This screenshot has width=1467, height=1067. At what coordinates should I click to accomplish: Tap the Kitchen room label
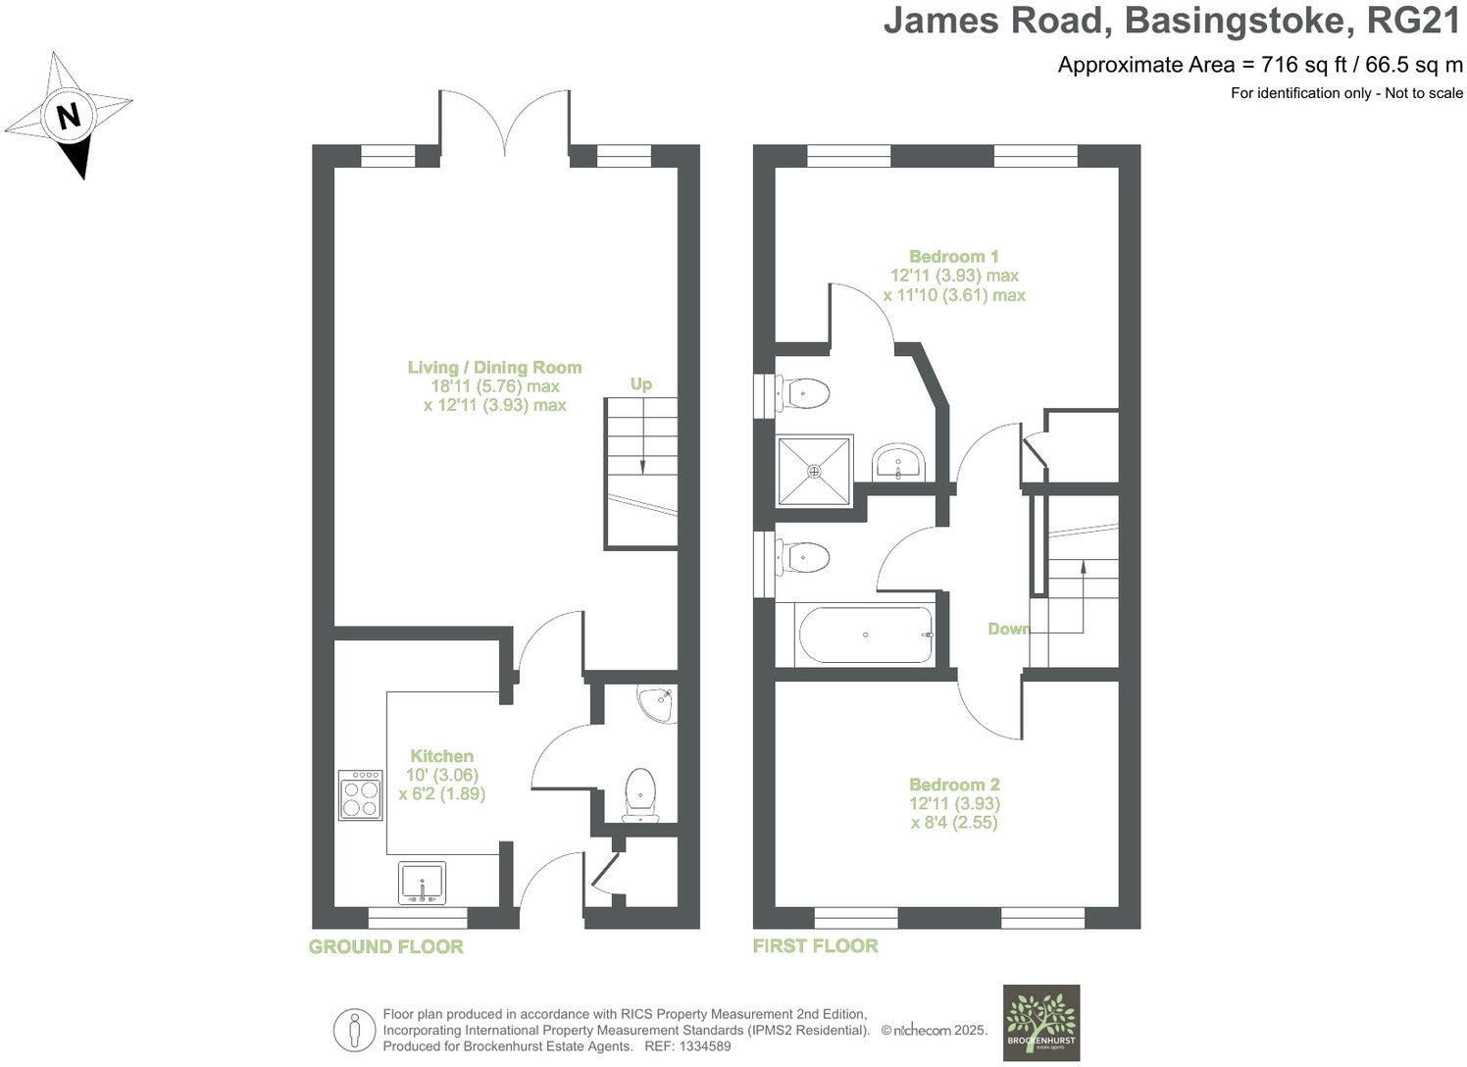(x=441, y=756)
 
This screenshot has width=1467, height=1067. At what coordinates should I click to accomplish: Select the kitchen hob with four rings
(x=360, y=794)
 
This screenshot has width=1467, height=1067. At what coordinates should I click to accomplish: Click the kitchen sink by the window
(x=422, y=883)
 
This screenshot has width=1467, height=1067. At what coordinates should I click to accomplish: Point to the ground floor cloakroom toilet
(x=640, y=793)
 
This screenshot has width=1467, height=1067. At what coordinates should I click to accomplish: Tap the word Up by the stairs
(x=640, y=384)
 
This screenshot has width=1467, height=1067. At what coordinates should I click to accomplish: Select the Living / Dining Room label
(x=494, y=368)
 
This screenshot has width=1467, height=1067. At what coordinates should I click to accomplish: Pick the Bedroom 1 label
(x=953, y=257)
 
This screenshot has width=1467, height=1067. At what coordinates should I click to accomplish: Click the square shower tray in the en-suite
(x=814, y=472)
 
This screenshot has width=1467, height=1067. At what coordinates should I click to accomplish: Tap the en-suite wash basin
(x=897, y=463)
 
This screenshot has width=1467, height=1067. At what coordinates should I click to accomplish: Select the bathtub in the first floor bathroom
(x=866, y=635)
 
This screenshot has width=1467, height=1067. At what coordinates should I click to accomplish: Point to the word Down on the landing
(x=1008, y=629)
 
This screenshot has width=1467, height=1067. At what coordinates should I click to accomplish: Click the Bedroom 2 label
(x=953, y=785)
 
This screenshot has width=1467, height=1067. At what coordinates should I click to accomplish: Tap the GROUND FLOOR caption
(x=385, y=946)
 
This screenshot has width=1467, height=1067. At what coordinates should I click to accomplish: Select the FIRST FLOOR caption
(x=815, y=945)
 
